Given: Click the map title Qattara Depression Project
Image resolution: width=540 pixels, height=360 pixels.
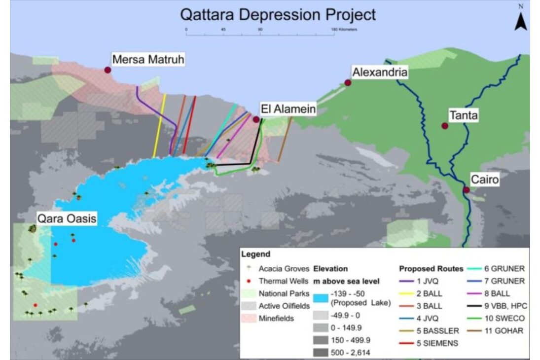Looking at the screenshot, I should [x=278, y=14].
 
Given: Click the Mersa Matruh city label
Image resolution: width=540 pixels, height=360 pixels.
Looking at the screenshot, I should [x=148, y=60].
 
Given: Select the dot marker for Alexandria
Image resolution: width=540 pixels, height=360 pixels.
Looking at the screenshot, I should [x=348, y=83].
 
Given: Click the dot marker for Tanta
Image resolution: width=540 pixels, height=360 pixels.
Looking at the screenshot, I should [x=445, y=126].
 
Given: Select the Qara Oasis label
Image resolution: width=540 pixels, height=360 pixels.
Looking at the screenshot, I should [x=66, y=217].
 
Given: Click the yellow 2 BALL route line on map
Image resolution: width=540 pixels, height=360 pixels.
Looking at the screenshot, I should [x=160, y=126].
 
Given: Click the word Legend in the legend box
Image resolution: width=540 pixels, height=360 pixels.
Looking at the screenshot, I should [x=255, y=254].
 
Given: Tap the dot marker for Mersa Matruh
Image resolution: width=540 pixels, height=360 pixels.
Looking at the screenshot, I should [x=108, y=70].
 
